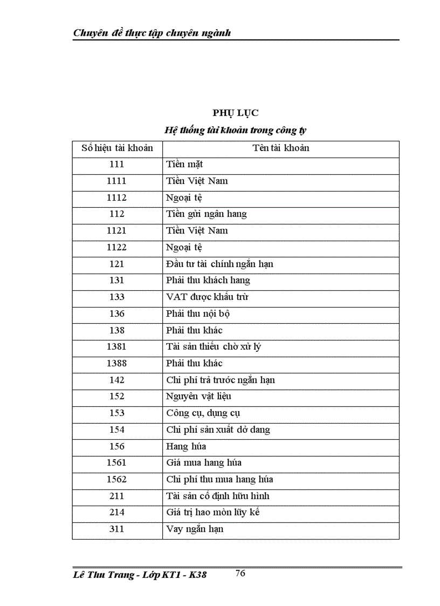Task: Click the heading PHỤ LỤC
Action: click(x=235, y=113)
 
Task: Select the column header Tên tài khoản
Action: click(x=280, y=148)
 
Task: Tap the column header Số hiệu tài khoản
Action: click(x=117, y=148)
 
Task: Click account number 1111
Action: click(x=116, y=181)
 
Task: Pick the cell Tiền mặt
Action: click(x=184, y=164)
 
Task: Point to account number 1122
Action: click(x=116, y=247)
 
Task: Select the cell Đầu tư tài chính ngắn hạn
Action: click(x=220, y=264)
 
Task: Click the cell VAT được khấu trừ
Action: click(x=207, y=297)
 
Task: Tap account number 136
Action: click(x=116, y=314)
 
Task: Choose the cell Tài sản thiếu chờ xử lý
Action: click(x=214, y=346)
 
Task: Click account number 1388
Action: click(x=116, y=363)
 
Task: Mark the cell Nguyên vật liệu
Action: click(x=198, y=396)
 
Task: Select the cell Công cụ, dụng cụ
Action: click(x=203, y=413)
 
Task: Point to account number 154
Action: click(x=116, y=430)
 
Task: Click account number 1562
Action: click(x=116, y=479)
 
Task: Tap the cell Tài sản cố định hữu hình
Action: click(x=218, y=496)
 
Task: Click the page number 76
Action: click(x=240, y=573)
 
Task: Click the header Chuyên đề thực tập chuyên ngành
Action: click(x=152, y=33)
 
